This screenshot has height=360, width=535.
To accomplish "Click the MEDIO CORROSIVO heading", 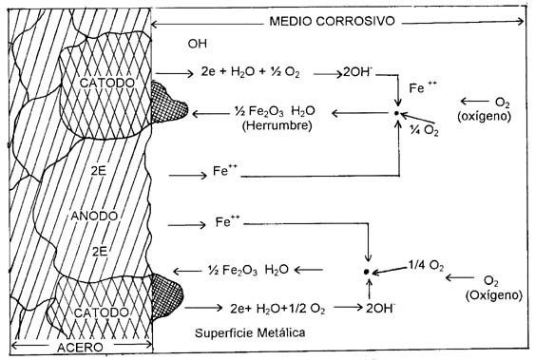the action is [x=332, y=21].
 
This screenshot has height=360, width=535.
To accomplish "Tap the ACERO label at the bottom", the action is [x=80, y=347].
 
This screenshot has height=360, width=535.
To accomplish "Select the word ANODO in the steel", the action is [x=94, y=216].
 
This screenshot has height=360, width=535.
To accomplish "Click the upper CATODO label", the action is [x=107, y=83].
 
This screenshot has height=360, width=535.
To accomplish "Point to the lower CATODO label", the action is [x=102, y=313].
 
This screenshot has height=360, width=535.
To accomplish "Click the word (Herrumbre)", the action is [x=277, y=125].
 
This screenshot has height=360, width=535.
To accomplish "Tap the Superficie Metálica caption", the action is [x=250, y=332].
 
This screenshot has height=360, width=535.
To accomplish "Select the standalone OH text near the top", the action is [x=198, y=44].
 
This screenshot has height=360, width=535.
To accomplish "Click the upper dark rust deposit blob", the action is [x=168, y=103].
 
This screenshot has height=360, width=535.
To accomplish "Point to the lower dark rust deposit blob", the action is [x=166, y=296].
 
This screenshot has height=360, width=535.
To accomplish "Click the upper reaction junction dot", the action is [x=396, y=113].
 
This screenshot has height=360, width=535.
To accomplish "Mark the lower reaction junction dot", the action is [x=367, y=272].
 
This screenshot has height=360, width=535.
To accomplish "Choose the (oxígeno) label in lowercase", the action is [x=485, y=116].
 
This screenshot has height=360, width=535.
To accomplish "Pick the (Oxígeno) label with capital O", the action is [x=494, y=294].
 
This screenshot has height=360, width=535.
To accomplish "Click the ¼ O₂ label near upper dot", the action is [x=424, y=130].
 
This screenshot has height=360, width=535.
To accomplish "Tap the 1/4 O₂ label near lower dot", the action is [x=426, y=265].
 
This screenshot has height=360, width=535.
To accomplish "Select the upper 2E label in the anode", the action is [x=98, y=171].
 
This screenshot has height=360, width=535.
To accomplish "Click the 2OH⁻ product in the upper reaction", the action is [x=357, y=72].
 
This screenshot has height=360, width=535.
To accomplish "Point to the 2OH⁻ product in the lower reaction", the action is [x=380, y=308].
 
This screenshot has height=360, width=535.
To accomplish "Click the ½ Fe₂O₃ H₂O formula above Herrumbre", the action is [x=275, y=111].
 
